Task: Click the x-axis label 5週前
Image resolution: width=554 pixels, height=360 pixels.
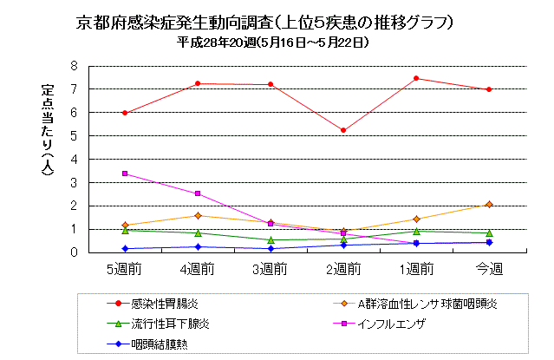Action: pos(125,268)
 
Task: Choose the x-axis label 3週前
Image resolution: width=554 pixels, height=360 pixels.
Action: pos(271,268)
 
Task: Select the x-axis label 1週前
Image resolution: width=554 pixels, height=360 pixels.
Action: pos(416,268)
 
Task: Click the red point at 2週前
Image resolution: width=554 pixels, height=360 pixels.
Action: pos(344,130)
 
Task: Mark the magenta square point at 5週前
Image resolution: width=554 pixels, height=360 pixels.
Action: pos(126,173)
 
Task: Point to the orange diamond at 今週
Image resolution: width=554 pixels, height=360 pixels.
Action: pos(489,204)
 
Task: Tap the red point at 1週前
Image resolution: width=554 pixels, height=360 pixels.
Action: pos(416,78)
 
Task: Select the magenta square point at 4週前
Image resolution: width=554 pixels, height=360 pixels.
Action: pos(199,193)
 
